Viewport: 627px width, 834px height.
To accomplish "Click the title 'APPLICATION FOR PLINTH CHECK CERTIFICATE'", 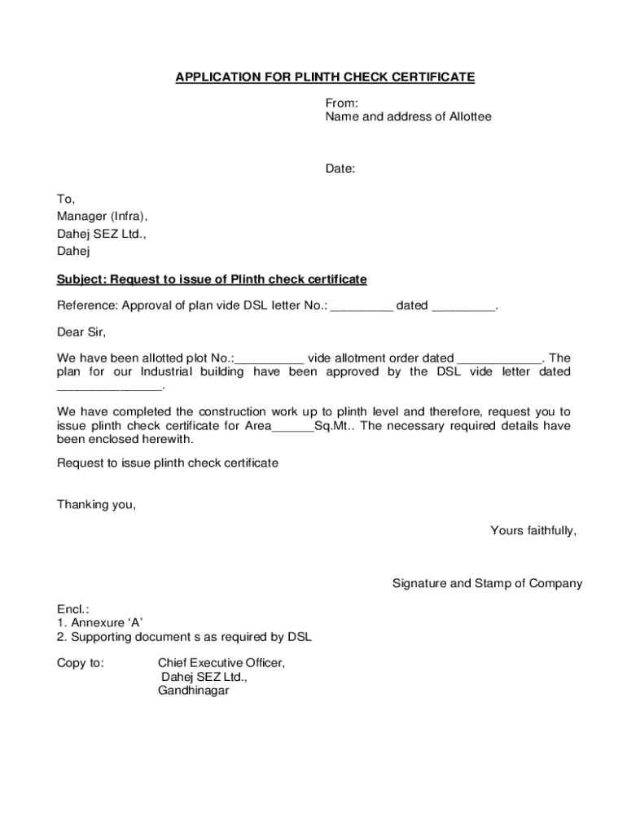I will point(325,77).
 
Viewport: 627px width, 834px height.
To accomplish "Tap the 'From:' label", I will point(342,103).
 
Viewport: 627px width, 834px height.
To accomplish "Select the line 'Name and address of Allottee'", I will point(408,116).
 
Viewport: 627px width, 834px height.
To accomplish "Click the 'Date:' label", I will point(340,169).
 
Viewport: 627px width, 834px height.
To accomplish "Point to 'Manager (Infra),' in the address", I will point(103,216).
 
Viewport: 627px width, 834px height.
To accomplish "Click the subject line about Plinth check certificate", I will point(212,279).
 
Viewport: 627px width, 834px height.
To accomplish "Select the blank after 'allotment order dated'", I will point(499,358).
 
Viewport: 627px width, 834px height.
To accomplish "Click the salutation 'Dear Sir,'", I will point(81,332).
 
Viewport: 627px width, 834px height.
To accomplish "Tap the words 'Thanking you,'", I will point(96,504).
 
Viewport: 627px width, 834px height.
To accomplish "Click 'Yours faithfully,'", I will point(533,530).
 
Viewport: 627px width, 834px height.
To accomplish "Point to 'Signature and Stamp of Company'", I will point(487,583).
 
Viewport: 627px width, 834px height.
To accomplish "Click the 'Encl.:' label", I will point(72,609).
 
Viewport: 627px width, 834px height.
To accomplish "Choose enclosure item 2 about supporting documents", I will point(184,636).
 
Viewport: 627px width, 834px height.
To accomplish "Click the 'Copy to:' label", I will point(80,663).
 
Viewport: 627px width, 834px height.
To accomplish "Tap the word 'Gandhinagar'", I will point(194,691).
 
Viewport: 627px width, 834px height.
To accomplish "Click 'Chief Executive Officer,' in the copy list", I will point(221,663).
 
